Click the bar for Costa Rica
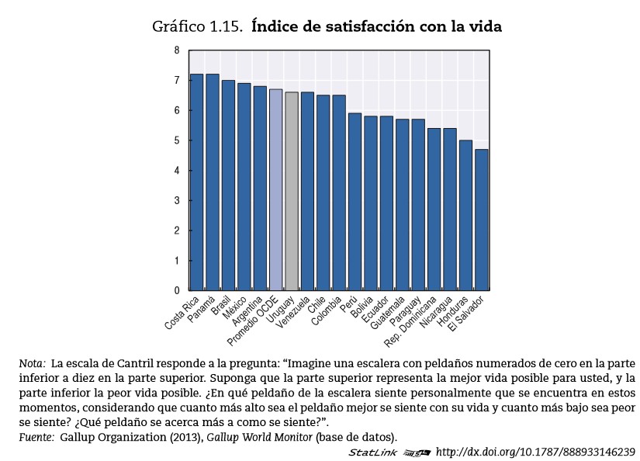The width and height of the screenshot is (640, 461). coord(196,182)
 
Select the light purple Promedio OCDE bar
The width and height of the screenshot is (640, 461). coord(275,190)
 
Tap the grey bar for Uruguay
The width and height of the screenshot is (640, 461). coord(292,192)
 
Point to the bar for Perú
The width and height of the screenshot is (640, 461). coord(355,202)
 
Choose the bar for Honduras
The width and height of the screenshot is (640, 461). coord(465,215)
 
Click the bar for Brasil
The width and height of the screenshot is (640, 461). coord(228,185)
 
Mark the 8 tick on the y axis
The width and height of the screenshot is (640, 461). coord(177,50)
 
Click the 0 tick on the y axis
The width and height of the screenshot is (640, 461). coord(177,290)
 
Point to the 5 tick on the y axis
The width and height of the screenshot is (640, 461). coord(177,140)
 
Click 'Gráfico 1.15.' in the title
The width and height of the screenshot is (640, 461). coord(199,27)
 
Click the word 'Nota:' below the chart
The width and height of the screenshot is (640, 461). coord(32,362)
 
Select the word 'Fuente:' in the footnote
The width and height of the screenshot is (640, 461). coord(36,437)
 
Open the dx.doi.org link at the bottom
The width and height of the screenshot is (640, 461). coord(536,452)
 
